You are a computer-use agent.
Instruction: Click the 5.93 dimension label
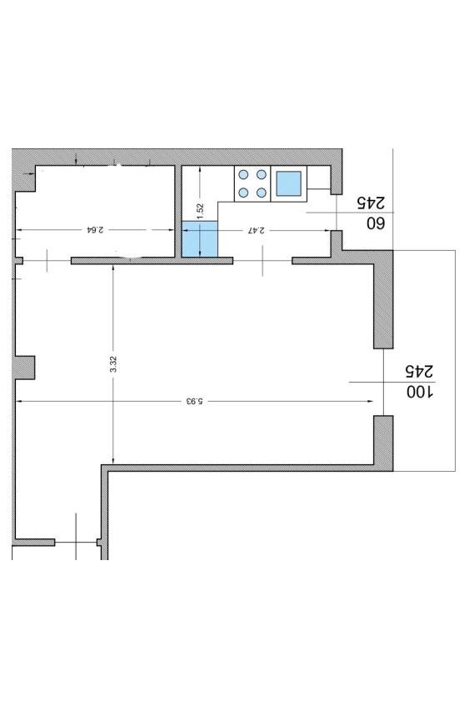pyautogui.click(x=193, y=401)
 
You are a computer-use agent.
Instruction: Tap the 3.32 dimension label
pyautogui.click(x=113, y=364)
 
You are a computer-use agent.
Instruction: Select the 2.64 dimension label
pyautogui.click(x=96, y=229)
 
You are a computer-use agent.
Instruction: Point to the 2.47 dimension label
pyautogui.click(x=257, y=230)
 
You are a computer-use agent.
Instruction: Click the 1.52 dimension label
pyautogui.click(x=200, y=212)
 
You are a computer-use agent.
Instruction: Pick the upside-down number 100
pyautogui.click(x=419, y=392)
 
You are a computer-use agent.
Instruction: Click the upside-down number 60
pyautogui.click(x=376, y=223)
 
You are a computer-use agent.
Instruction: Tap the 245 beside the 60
pyautogui.click(x=371, y=203)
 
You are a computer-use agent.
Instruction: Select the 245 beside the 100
pyautogui.click(x=419, y=371)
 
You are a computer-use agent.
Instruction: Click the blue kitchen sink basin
pyautogui.click(x=289, y=183)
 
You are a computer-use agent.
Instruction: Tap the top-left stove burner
pyautogui.click(x=243, y=174)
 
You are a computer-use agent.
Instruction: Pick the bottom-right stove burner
pyautogui.click(x=261, y=193)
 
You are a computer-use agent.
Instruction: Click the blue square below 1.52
pyautogui.click(x=200, y=239)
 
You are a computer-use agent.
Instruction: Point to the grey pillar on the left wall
pyautogui.click(x=25, y=368)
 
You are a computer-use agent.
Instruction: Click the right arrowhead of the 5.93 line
pyautogui.click(x=370, y=401)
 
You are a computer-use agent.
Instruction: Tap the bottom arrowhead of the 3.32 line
pyautogui.click(x=113, y=460)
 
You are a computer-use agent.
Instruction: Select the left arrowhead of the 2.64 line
pyautogui.click(x=19, y=230)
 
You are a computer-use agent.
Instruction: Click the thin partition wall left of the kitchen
pyautogui.click(x=178, y=212)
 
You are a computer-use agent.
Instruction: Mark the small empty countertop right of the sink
pyautogui.click(x=318, y=178)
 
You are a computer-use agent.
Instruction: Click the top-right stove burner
pyautogui.click(x=261, y=174)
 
